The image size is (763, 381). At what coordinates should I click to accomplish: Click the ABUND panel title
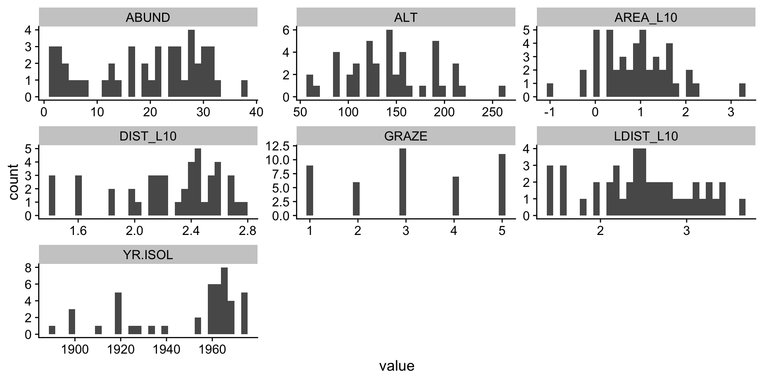(x=148, y=17)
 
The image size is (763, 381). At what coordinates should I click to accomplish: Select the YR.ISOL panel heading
(x=148, y=255)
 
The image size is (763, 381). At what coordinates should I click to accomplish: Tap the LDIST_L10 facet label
(x=646, y=137)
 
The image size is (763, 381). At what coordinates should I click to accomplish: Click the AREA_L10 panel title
(x=646, y=17)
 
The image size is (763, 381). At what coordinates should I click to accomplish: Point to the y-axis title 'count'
(x=14, y=182)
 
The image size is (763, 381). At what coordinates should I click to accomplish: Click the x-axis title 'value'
(x=397, y=366)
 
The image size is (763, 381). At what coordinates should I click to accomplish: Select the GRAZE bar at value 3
(x=403, y=182)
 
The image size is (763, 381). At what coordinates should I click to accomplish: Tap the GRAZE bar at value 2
(x=356, y=199)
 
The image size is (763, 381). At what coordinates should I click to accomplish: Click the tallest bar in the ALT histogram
(x=389, y=63)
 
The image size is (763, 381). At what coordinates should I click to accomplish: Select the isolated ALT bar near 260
(x=502, y=91)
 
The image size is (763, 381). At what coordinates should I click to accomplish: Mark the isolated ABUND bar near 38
(x=244, y=89)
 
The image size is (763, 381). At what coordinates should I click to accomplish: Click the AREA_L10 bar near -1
(x=550, y=90)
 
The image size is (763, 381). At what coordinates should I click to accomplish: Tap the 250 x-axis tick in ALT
(x=492, y=112)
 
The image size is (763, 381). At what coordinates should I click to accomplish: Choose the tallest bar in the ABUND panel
(x=191, y=63)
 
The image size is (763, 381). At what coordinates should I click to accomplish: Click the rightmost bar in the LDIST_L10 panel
(x=742, y=207)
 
